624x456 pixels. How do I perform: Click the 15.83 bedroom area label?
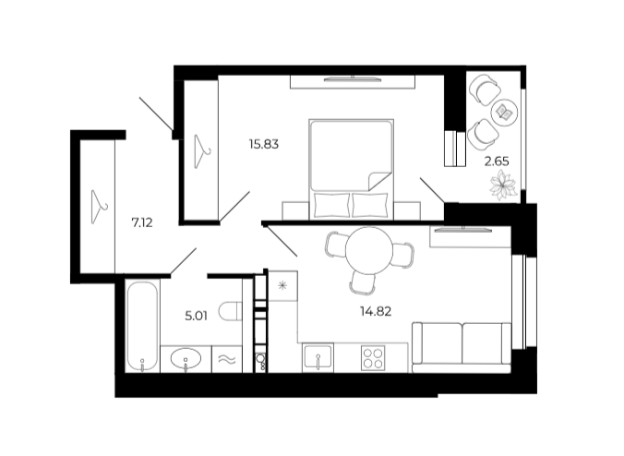coord(263,144)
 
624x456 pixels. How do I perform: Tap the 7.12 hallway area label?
coord(142,222)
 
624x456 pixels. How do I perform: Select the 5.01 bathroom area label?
coord(197,317)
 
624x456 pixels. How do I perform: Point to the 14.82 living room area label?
coord(376,312)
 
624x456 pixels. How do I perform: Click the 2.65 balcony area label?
coord(497,162)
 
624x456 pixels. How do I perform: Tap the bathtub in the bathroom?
coord(142,326)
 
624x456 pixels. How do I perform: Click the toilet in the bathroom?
coord(231,311)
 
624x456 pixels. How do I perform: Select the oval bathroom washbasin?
coord(186,359)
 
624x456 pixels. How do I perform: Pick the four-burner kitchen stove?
coord(373,358)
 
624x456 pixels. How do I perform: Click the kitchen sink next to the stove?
coord(318,358)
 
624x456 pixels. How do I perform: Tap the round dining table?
coord(369,251)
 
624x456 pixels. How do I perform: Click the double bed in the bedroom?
coord(352,169)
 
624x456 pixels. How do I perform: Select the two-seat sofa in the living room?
coord(462,348)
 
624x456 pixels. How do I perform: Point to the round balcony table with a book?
coord(505,113)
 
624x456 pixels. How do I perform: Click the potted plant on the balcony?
coord(503,185)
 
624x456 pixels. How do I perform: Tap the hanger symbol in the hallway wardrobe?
coord(98,207)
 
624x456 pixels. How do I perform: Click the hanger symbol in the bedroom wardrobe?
coord(202,151)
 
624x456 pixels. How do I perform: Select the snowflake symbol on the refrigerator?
coord(282,285)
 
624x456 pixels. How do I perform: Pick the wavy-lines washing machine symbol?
coord(227,360)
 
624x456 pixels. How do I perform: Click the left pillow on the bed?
coord(331,205)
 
